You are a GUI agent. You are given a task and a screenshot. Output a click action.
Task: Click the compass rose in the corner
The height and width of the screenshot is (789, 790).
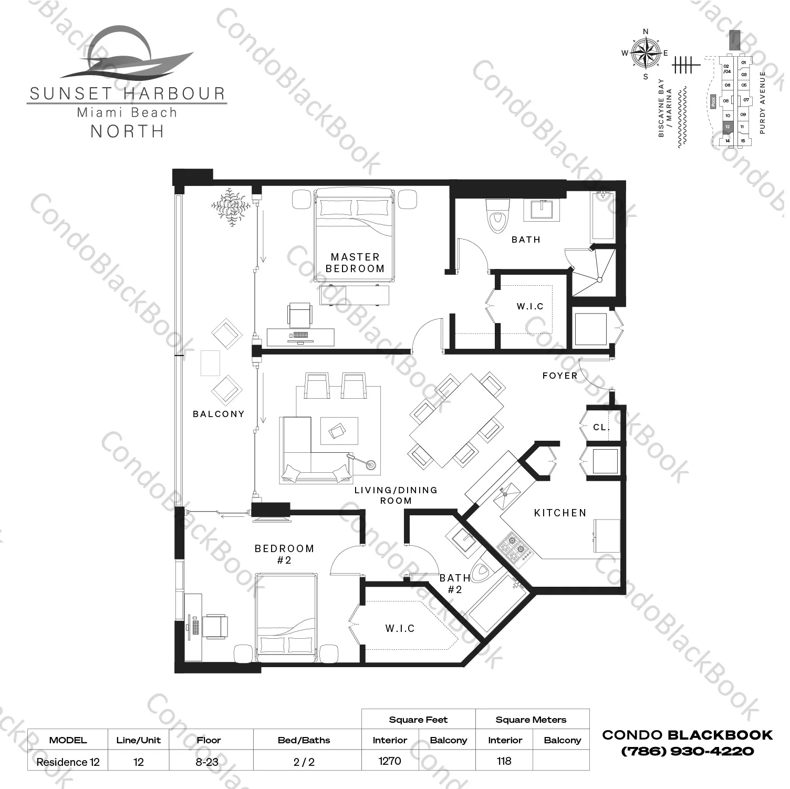646,53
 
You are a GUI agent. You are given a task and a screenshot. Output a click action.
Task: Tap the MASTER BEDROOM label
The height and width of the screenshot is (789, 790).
355,263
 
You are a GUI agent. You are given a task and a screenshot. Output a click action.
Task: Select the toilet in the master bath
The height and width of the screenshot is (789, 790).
495,216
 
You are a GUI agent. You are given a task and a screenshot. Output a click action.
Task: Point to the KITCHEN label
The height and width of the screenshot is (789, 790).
560,513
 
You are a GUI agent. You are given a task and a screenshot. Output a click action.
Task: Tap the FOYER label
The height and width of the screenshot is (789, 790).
560,376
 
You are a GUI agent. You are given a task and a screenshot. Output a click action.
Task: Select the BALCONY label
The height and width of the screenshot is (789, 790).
219,414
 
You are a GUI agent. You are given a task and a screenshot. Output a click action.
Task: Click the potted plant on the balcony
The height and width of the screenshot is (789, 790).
230,206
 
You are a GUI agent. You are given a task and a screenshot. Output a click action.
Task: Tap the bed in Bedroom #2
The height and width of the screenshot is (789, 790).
287,620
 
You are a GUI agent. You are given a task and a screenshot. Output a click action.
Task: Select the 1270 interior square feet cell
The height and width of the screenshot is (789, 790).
390,761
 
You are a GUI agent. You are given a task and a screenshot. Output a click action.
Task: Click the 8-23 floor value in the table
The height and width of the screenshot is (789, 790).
207,762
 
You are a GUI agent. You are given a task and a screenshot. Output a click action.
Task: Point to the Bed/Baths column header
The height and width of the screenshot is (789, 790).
304,740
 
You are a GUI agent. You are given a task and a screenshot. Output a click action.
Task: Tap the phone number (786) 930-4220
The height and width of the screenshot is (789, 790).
688,751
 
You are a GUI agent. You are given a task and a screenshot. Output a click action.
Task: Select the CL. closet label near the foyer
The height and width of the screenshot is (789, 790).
601,427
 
